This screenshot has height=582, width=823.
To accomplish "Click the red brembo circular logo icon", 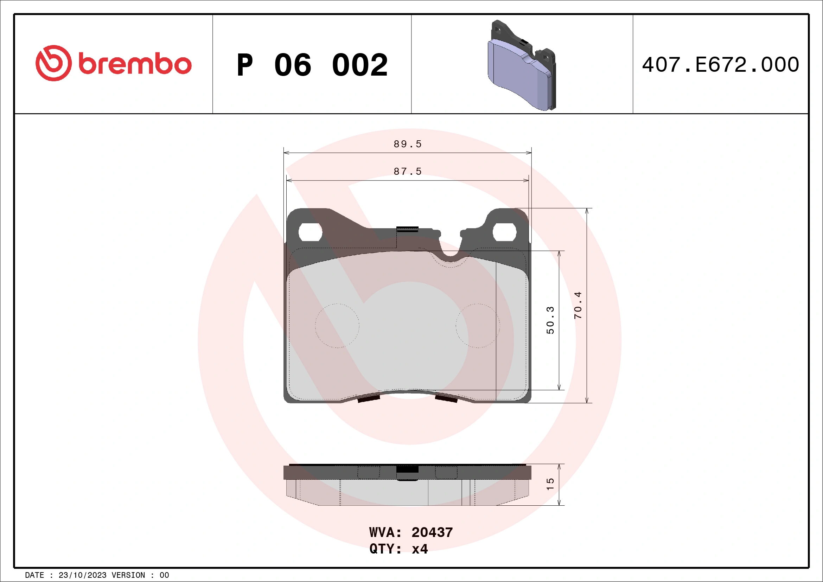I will pyautogui.click(x=53, y=63).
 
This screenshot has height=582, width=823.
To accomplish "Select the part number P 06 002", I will pyautogui.click(x=312, y=65).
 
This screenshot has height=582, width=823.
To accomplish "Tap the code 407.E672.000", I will pyautogui.click(x=721, y=65).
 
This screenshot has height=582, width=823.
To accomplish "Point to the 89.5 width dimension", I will pyautogui.click(x=408, y=144).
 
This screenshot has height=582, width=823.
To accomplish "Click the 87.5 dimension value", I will pyautogui.click(x=408, y=172).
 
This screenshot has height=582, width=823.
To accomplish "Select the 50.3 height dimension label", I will pyautogui.click(x=550, y=320).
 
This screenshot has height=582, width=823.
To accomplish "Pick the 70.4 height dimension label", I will pyautogui.click(x=578, y=306).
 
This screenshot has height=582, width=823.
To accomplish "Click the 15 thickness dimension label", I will pyautogui.click(x=550, y=484).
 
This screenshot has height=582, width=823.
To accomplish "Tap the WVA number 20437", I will pyautogui.click(x=432, y=532).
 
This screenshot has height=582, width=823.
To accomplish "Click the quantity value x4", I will pyautogui.click(x=420, y=549).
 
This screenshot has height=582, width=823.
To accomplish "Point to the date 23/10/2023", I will pyautogui.click(x=82, y=575).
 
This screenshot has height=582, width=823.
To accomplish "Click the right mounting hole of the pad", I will pyautogui.click(x=504, y=232).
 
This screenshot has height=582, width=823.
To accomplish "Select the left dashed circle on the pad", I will pyautogui.click(x=337, y=326).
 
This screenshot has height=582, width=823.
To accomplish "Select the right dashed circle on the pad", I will pyautogui.click(x=478, y=326).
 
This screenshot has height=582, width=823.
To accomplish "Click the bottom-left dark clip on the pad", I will pyautogui.click(x=369, y=398).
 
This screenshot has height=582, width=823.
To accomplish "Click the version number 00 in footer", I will pyautogui.click(x=164, y=575).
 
